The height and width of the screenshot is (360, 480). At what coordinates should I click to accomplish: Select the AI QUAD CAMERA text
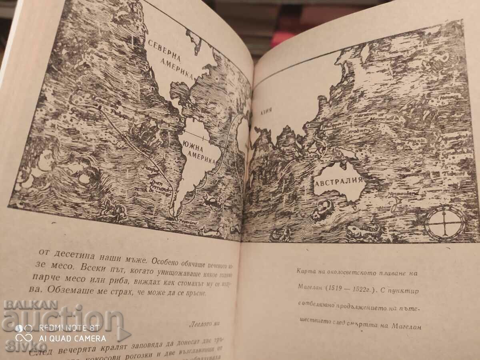pyautogui.click(x=70, y=338)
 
